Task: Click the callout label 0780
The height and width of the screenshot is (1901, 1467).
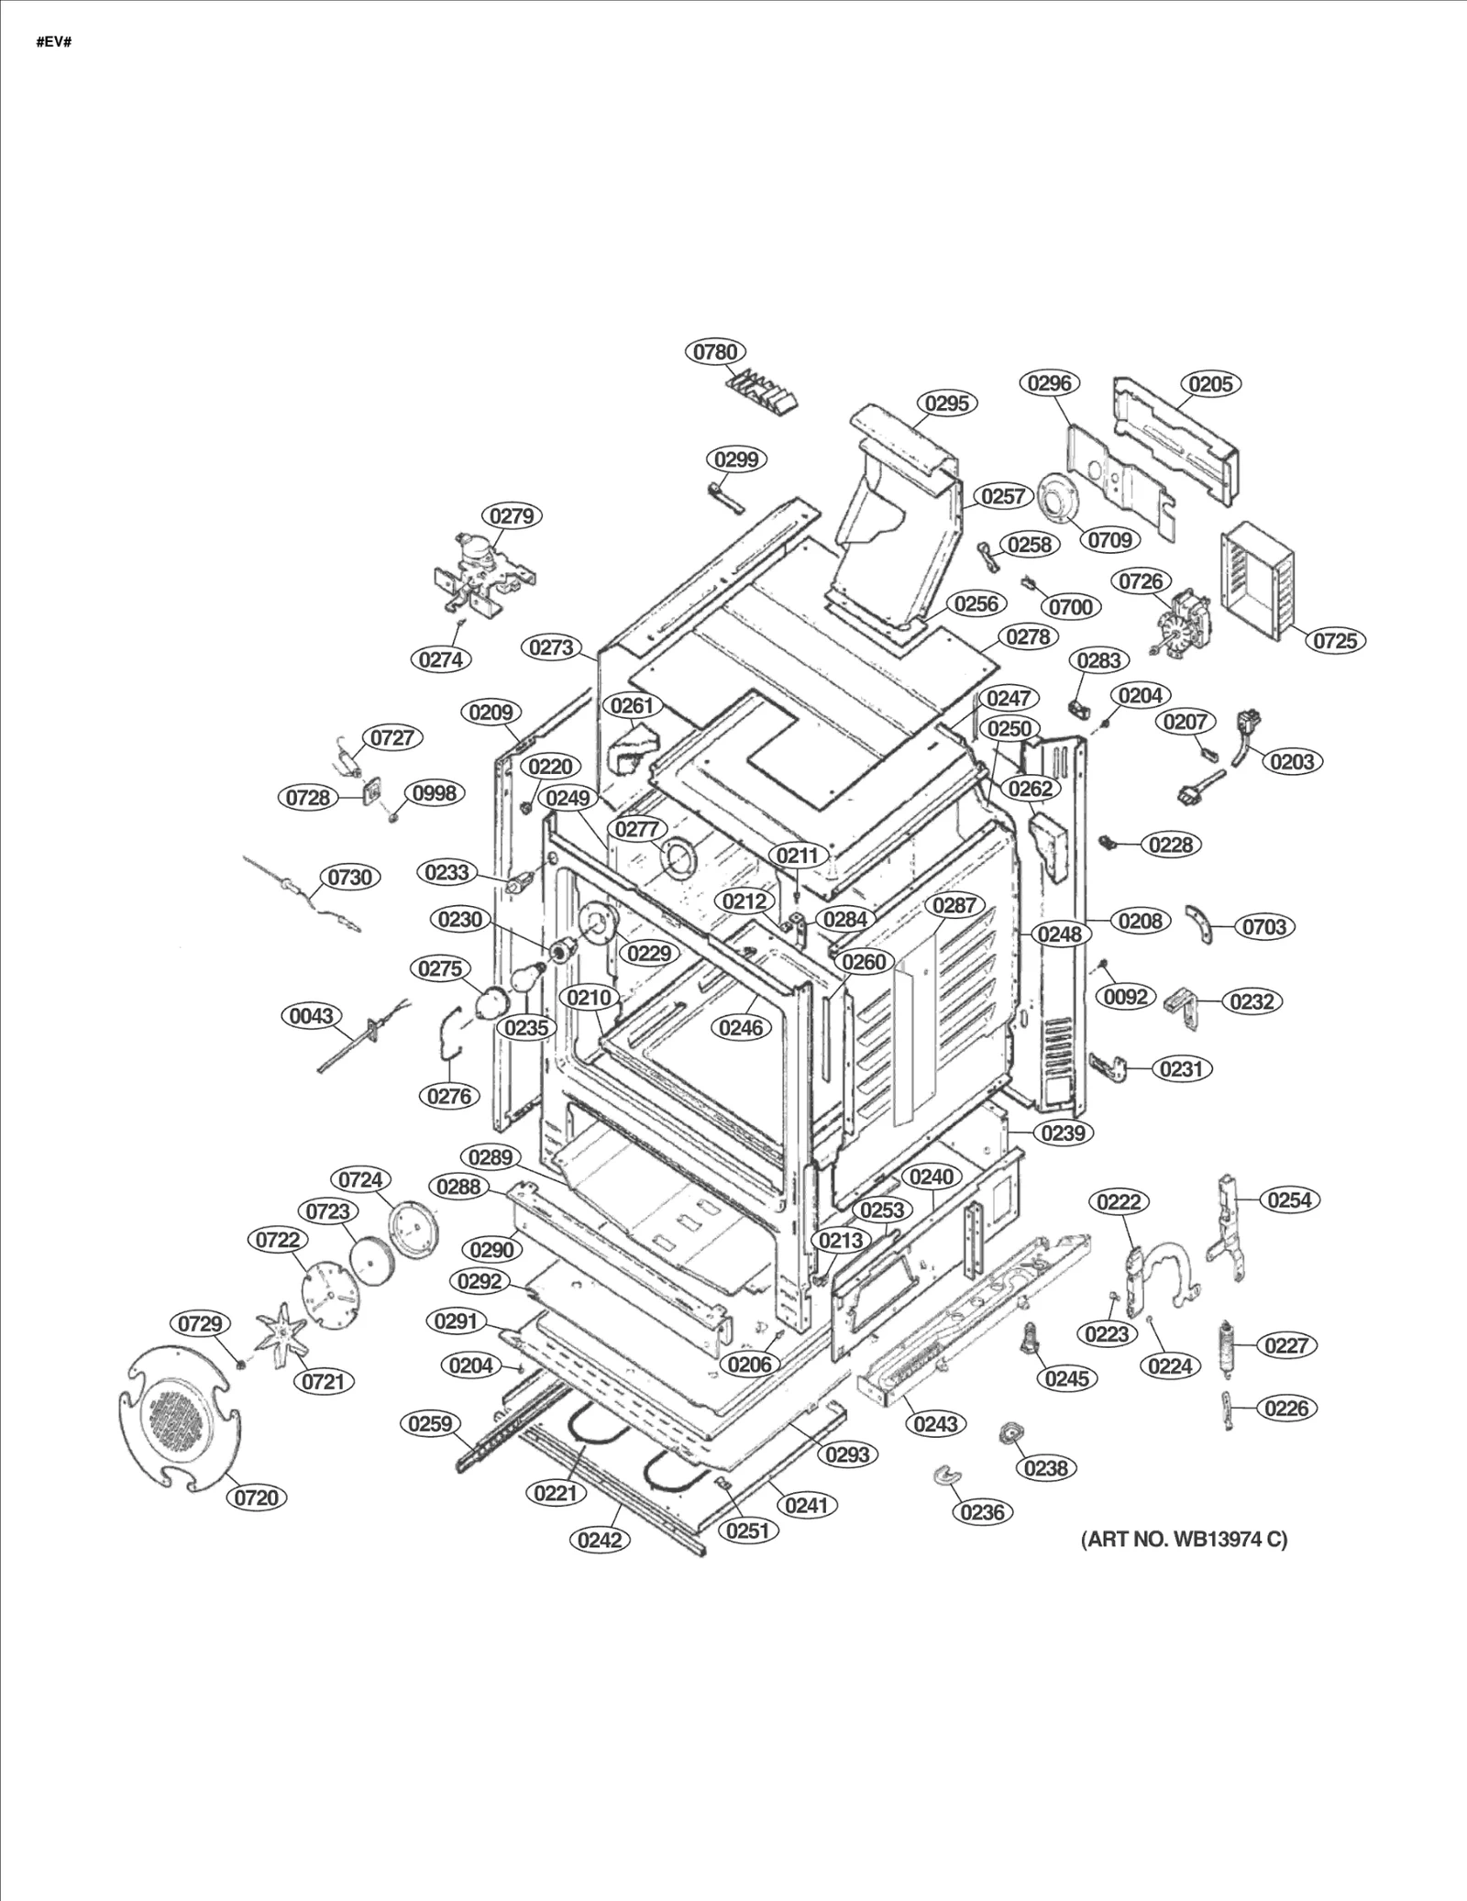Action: coord(715,352)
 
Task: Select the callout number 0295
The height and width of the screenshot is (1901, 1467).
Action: coord(946,403)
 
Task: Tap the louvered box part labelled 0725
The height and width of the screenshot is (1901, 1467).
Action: coord(1261,579)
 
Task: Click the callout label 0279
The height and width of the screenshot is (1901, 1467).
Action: coord(511,516)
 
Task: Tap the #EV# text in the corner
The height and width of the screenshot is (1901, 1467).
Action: coord(53,43)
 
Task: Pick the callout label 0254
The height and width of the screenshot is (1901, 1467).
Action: coord(1289,1199)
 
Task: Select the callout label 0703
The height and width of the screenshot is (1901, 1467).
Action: coord(1264,927)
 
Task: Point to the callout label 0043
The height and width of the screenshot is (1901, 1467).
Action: coord(312,1016)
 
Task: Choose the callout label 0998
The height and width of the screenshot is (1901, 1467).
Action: coord(434,793)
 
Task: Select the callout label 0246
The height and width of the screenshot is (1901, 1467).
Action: coord(741,1028)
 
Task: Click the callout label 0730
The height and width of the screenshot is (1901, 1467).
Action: coord(350,878)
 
